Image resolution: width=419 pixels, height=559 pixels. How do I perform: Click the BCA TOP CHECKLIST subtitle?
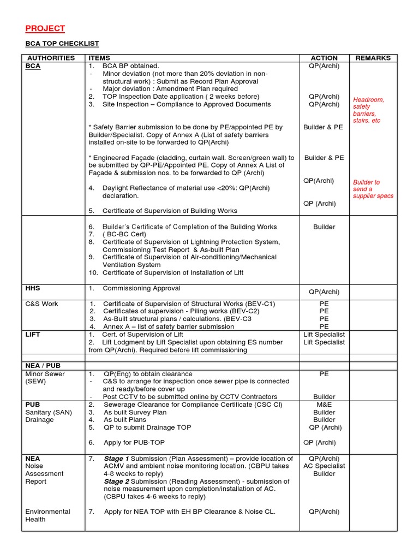coord(62,44)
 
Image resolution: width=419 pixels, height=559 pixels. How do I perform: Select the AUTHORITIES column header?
coord(51,58)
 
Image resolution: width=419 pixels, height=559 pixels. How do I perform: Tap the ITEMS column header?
coord(99,58)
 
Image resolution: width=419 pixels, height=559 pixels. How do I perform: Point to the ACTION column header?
coord(324,58)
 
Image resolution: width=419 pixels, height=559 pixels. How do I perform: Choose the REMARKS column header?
coord(373,58)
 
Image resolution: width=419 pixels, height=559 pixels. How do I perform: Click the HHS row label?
coord(33,288)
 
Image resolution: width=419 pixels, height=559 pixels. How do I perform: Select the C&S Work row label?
coord(41,304)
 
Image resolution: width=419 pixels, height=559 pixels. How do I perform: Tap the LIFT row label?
coord(33,334)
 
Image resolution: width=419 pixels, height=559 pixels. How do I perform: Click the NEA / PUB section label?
coord(43,365)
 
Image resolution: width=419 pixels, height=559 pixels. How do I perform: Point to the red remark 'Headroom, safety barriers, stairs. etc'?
coord(369,110)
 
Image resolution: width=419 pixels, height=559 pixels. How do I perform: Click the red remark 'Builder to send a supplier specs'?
coord(373,189)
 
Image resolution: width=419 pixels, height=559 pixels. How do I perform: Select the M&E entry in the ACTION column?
coord(324,405)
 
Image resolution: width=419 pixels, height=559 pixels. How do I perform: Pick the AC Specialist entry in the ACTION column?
coord(324,466)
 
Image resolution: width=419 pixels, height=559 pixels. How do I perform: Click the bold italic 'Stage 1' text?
coord(116,459)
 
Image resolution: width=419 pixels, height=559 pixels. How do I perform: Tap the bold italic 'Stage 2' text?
coord(116,481)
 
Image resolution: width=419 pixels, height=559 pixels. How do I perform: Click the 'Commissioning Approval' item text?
coord(141,288)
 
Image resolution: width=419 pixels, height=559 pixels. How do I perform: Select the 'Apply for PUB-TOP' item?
coord(134,443)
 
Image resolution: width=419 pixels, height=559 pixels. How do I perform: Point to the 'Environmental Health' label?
coord(47,515)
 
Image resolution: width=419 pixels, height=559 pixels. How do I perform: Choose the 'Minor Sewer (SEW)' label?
coord(45,378)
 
